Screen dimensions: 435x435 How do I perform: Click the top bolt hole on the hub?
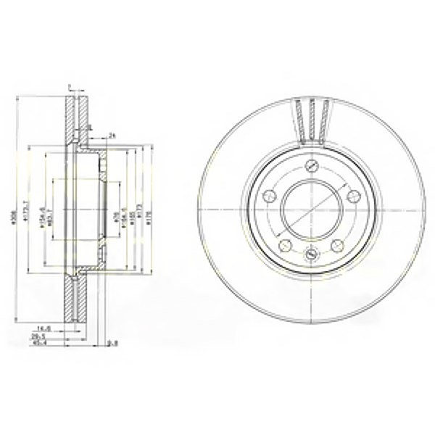[x=311, y=165]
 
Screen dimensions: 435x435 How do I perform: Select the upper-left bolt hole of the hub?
[x=269, y=195]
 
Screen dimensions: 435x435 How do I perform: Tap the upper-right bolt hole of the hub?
[x=354, y=195]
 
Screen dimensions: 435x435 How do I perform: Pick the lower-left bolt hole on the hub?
[x=285, y=244]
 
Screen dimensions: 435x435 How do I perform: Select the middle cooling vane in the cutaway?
[x=312, y=120]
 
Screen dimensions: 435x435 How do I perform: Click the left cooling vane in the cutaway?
[x=299, y=120]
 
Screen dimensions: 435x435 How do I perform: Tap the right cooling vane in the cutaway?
[x=324, y=120]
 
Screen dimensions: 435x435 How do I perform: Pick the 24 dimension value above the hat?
[x=112, y=135]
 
